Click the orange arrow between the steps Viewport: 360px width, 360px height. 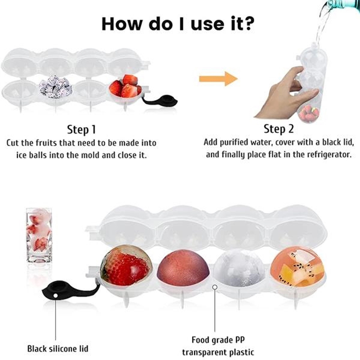(x=218, y=79)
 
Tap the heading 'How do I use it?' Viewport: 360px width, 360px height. (x=178, y=24)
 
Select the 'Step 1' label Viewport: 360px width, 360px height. (x=81, y=130)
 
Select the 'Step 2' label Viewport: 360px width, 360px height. (x=278, y=129)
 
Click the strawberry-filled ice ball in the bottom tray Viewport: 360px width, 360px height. (x=125, y=265)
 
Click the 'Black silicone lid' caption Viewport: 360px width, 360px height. (x=58, y=349)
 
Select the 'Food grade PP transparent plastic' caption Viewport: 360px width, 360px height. (x=218, y=346)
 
